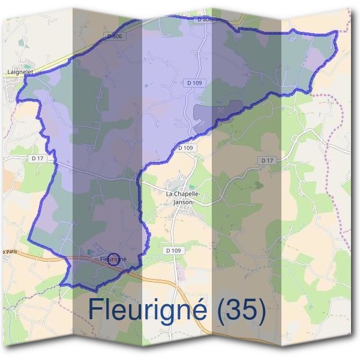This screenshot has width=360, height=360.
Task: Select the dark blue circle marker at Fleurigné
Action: point(112,259)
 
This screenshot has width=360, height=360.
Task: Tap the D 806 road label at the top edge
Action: point(204,20)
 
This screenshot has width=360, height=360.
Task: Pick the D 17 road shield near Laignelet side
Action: point(36,158)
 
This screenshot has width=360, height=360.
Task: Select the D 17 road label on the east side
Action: point(267,161)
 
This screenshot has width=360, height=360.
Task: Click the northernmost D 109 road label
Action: point(193,82)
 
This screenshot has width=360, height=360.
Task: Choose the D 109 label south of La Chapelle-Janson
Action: point(173,250)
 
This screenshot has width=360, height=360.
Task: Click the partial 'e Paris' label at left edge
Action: point(7,250)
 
